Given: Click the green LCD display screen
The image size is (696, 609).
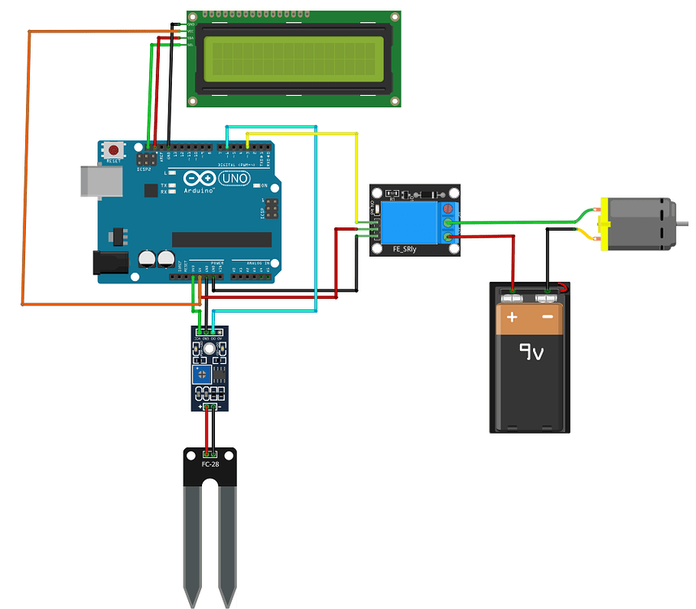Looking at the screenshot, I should tap(294, 58).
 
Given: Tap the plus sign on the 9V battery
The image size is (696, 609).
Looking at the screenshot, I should tap(512, 317).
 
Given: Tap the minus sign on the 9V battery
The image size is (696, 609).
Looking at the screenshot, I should tap(548, 317).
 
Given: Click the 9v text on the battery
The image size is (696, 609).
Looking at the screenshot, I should tap(531, 352).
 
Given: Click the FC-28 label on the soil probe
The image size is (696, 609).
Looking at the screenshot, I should tap(209, 464).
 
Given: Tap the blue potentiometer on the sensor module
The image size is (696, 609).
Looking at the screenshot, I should tap(200, 374).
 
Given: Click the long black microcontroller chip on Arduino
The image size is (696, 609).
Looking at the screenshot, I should tap(221, 239).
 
